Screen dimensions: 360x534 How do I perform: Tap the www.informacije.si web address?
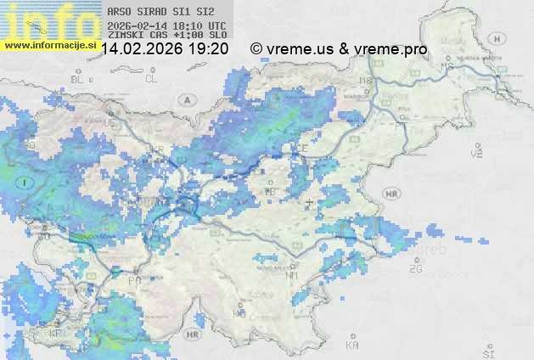49,45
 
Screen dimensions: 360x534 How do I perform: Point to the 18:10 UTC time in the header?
195,25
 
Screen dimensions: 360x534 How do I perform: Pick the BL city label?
78,79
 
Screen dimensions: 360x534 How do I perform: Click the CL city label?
151,79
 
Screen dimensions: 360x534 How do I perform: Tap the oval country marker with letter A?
186,99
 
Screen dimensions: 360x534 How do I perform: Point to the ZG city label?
415,269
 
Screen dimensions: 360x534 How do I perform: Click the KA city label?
352,345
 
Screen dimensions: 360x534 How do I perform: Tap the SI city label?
487,352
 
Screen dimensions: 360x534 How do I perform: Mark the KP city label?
56,333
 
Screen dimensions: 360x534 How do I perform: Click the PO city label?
134,280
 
